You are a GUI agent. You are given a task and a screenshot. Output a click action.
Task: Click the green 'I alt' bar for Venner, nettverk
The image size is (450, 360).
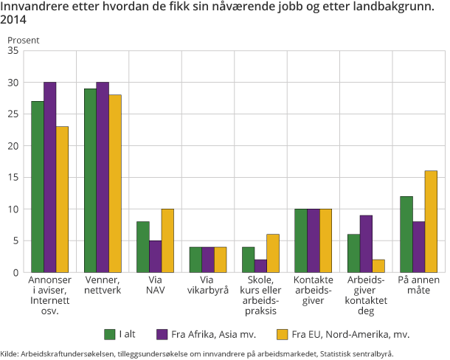tap(90, 181)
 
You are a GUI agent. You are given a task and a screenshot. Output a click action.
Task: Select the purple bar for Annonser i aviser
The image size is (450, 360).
tap(49, 177)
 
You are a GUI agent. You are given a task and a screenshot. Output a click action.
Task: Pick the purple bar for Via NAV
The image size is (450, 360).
tap(155, 257)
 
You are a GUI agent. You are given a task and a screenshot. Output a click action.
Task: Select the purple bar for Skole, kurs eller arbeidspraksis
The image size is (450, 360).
tap(260, 266)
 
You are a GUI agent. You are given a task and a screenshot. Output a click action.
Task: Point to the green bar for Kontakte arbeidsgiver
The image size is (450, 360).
tap(300, 240)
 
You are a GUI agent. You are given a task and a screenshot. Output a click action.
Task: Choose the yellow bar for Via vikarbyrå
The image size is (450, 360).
tap(221, 260)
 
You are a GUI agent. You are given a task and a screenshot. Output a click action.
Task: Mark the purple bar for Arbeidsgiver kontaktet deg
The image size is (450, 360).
tap(365, 243)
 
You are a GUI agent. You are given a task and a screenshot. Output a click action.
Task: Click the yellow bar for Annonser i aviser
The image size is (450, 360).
tap(62, 199)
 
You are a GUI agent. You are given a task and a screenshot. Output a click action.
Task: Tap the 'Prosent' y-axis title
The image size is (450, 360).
tap(23, 40)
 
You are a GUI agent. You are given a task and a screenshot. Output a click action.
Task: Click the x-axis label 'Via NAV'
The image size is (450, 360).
tap(155, 285)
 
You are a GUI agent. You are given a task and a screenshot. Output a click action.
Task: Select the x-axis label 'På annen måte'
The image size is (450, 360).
tap(418, 285)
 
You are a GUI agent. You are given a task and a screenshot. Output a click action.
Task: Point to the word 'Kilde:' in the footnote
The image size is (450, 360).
tap(10, 353)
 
